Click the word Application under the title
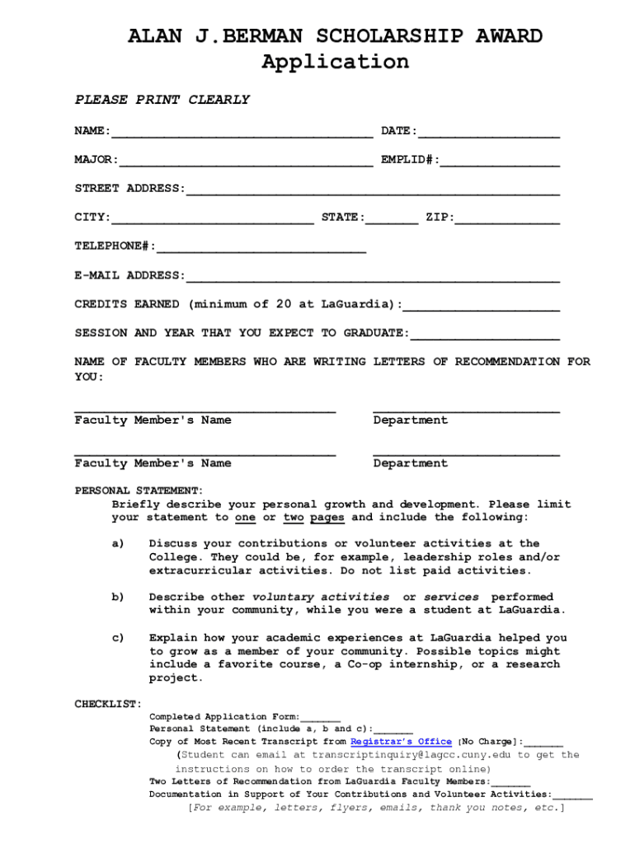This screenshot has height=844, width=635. point(335,62)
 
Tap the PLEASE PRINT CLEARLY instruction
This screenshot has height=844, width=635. point(162,100)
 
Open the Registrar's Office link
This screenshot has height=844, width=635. point(401,742)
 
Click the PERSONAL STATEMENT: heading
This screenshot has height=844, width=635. point(139,490)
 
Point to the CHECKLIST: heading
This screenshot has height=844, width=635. point(108,704)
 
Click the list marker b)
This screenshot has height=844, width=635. point(118,597)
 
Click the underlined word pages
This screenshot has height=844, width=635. point(327,518)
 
